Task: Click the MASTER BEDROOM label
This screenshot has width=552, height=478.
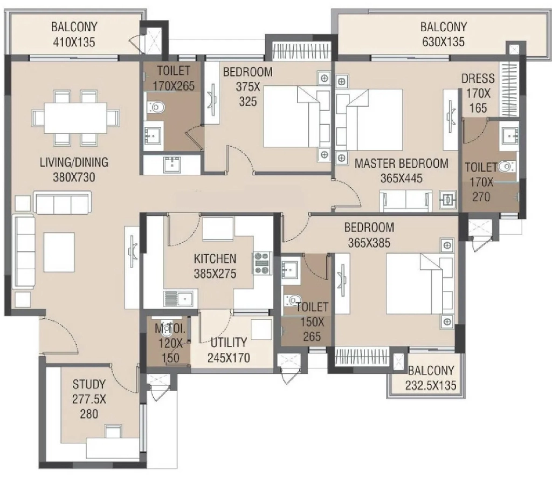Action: tap(401, 164)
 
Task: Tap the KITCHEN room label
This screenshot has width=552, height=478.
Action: tap(215, 259)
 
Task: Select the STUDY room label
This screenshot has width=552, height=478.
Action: tap(89, 384)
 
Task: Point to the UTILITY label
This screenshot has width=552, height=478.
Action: tap(229, 343)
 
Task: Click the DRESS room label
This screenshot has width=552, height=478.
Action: tap(478, 79)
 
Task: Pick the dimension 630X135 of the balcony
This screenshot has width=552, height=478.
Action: tap(443, 42)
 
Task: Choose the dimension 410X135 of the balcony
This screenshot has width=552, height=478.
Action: tap(74, 42)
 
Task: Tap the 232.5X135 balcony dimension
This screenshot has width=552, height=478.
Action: tap(431, 385)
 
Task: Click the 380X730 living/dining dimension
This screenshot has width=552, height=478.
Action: tap(74, 177)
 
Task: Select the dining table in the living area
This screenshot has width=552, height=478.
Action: tap(75, 118)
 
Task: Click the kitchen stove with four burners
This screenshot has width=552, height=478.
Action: tap(262, 263)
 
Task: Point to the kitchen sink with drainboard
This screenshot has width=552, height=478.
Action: tap(178, 299)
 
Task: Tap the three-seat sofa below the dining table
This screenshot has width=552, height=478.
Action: tap(63, 202)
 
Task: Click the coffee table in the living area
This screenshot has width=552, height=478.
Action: tap(59, 252)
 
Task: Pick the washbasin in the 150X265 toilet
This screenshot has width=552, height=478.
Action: tap(291, 269)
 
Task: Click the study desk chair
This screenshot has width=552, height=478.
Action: tap(113, 432)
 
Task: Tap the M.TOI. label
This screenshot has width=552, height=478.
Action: tap(170, 329)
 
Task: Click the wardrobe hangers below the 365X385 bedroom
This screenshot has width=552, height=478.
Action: tap(362, 356)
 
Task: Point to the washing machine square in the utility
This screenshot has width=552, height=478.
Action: tap(261, 329)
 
